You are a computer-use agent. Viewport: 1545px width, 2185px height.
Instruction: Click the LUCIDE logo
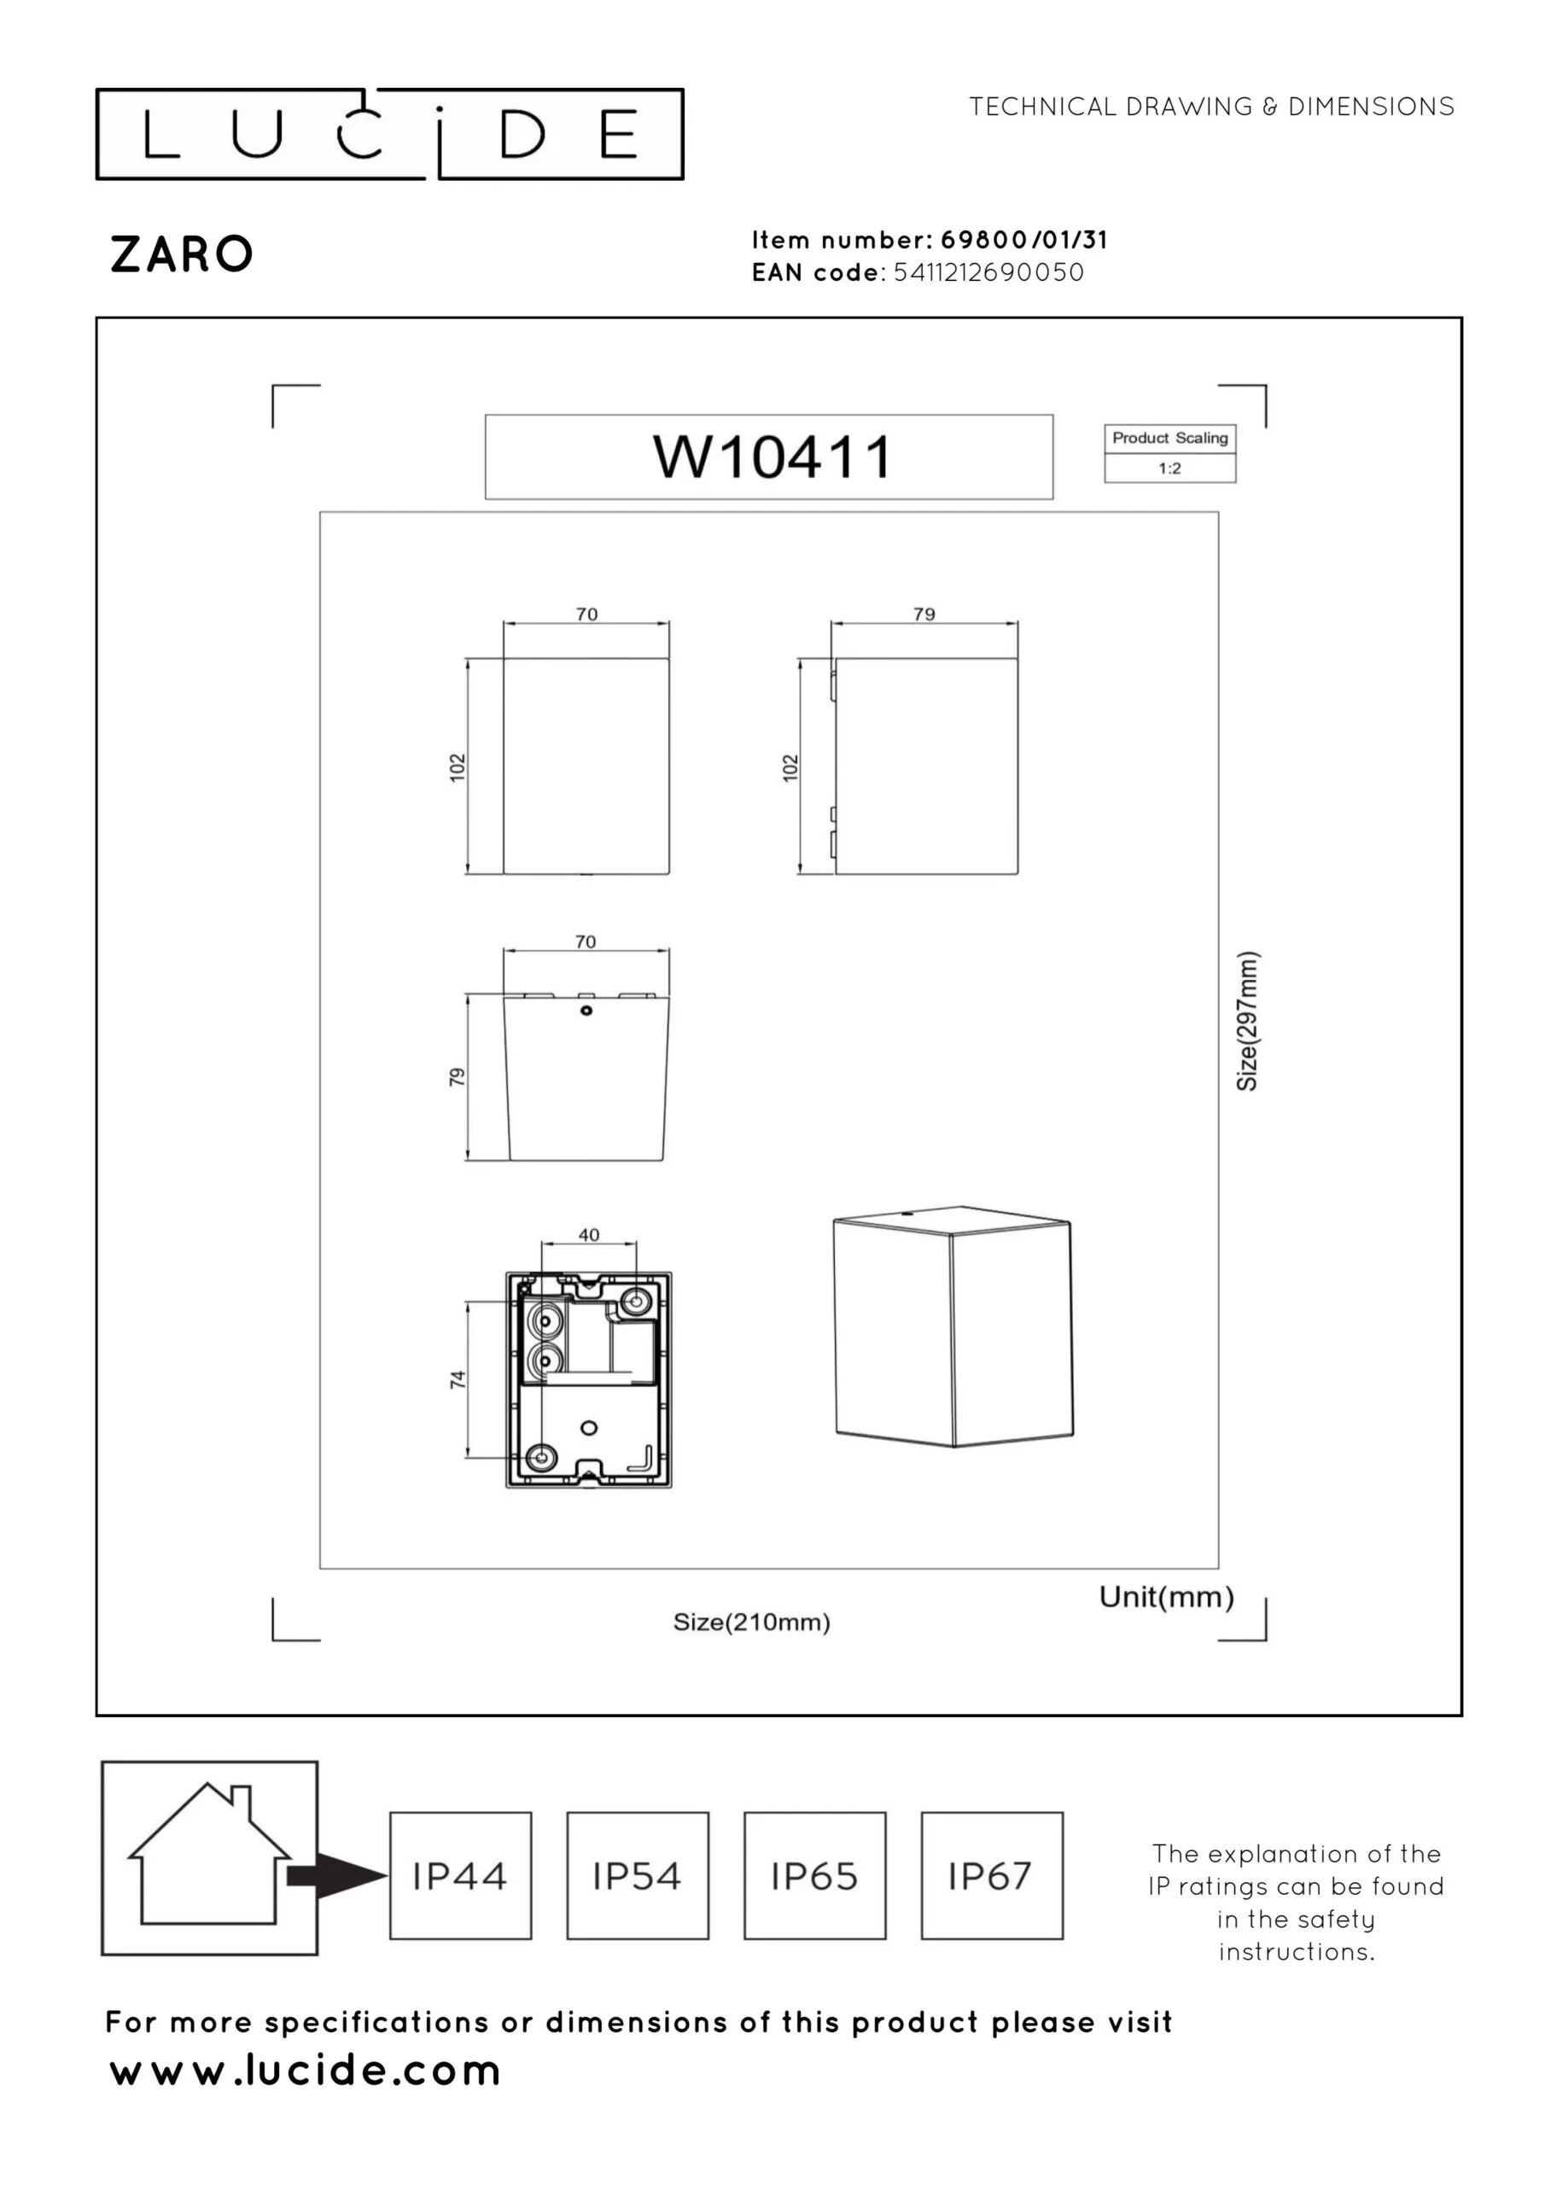click(389, 134)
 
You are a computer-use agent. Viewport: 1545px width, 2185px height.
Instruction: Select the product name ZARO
click(182, 255)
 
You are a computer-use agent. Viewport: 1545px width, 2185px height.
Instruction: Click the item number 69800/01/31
click(1024, 240)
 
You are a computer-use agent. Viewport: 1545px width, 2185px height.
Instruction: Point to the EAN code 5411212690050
click(989, 272)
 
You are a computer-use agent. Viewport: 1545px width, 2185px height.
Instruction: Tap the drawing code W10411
click(772, 457)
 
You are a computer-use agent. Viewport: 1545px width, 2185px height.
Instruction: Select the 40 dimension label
click(588, 1235)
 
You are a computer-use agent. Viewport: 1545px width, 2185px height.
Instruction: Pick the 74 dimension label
click(458, 1379)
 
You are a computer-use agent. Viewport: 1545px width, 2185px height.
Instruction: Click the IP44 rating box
click(461, 1876)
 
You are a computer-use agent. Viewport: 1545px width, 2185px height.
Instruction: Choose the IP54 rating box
click(638, 1876)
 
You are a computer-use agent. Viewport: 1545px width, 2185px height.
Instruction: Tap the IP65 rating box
click(815, 1876)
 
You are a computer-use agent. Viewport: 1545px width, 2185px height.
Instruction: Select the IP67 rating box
click(992, 1876)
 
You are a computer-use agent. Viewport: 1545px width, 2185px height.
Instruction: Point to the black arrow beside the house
click(337, 1876)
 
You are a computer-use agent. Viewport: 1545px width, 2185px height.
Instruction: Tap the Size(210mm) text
click(752, 1623)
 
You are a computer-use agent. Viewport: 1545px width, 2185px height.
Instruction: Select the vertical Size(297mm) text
click(1247, 1021)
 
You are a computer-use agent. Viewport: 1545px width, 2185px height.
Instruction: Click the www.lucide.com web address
click(305, 2071)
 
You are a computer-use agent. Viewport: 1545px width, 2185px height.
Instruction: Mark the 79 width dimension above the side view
click(924, 615)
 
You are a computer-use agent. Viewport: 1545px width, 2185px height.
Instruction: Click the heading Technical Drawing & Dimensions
click(1212, 107)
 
